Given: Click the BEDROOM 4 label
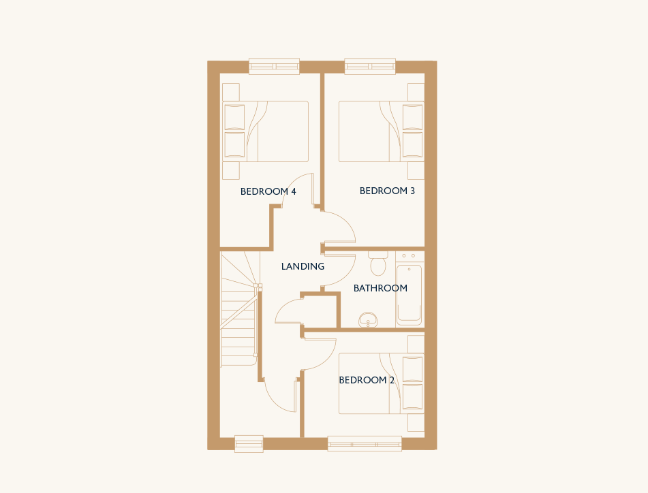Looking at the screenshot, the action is point(268,191).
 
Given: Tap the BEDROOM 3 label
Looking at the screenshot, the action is point(387,191).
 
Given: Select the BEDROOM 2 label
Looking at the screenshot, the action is point(367,380).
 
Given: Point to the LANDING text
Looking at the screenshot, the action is point(303,266).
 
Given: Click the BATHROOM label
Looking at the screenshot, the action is point(380,288).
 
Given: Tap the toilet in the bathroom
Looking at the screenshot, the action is point(378,263).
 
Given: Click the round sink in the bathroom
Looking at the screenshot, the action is point(368,320).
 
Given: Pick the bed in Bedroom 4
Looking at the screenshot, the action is point(265,131).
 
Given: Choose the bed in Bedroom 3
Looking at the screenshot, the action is point(382,131).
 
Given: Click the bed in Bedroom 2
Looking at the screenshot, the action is point(382,383).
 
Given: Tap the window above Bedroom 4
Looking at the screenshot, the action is point(274,67).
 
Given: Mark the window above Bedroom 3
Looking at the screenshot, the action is point(370,67).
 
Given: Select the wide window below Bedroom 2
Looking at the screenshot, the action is point(365,444).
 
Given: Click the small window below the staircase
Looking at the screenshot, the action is point(249,444).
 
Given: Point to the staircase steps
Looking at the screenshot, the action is point(240,309).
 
